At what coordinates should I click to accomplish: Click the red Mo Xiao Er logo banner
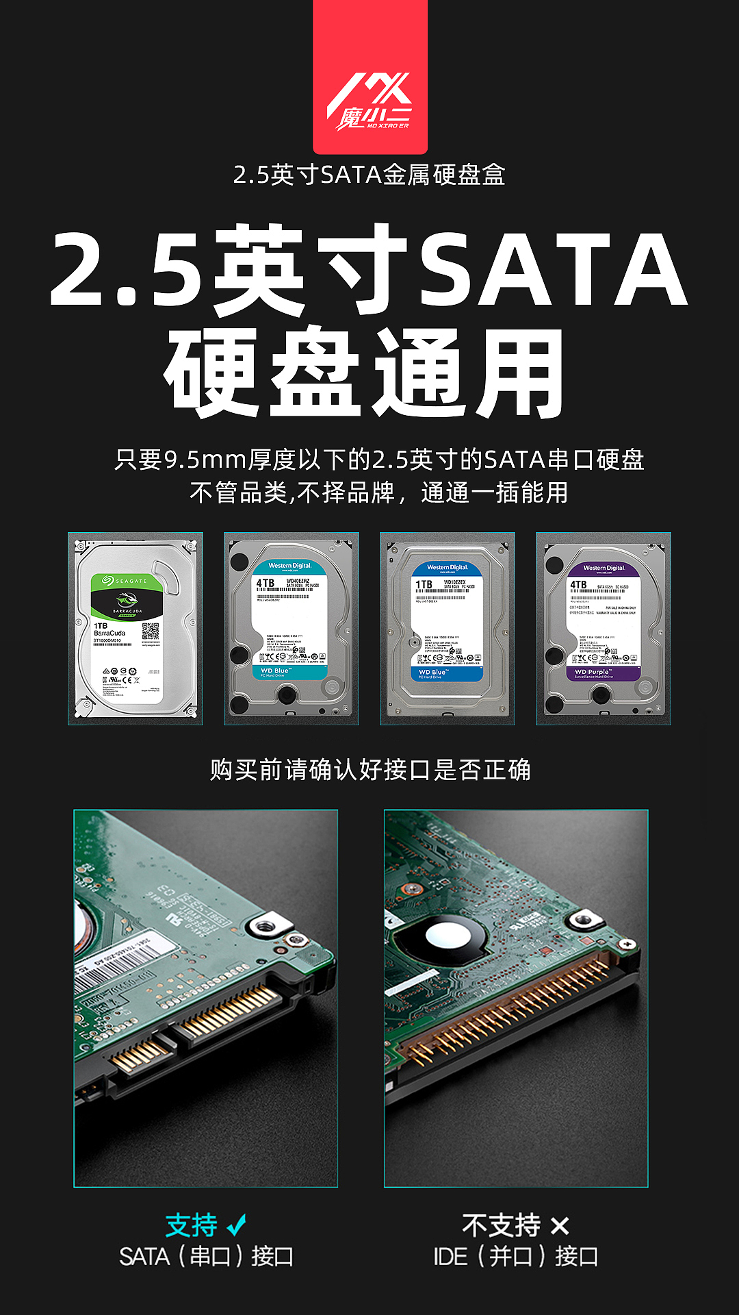click(x=370, y=77)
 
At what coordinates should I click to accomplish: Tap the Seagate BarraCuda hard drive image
click(x=135, y=629)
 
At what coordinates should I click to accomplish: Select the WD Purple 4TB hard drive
click(x=604, y=629)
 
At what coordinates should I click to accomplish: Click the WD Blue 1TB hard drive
click(x=448, y=629)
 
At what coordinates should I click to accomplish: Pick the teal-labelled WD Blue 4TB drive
click(x=291, y=629)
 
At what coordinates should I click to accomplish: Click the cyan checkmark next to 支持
click(x=237, y=1225)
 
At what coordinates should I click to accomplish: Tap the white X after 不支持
click(x=559, y=1226)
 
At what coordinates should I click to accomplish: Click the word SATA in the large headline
click(x=552, y=268)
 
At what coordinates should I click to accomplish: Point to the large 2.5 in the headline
click(x=127, y=268)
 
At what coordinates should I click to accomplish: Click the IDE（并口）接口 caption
click(x=516, y=1257)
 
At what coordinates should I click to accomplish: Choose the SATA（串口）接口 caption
click(x=206, y=1257)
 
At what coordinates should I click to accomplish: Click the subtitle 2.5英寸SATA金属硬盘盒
click(x=369, y=175)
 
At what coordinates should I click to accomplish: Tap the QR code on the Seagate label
click(x=150, y=631)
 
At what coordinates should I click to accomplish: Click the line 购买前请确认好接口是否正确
click(x=369, y=770)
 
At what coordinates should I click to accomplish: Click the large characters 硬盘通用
click(x=364, y=374)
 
